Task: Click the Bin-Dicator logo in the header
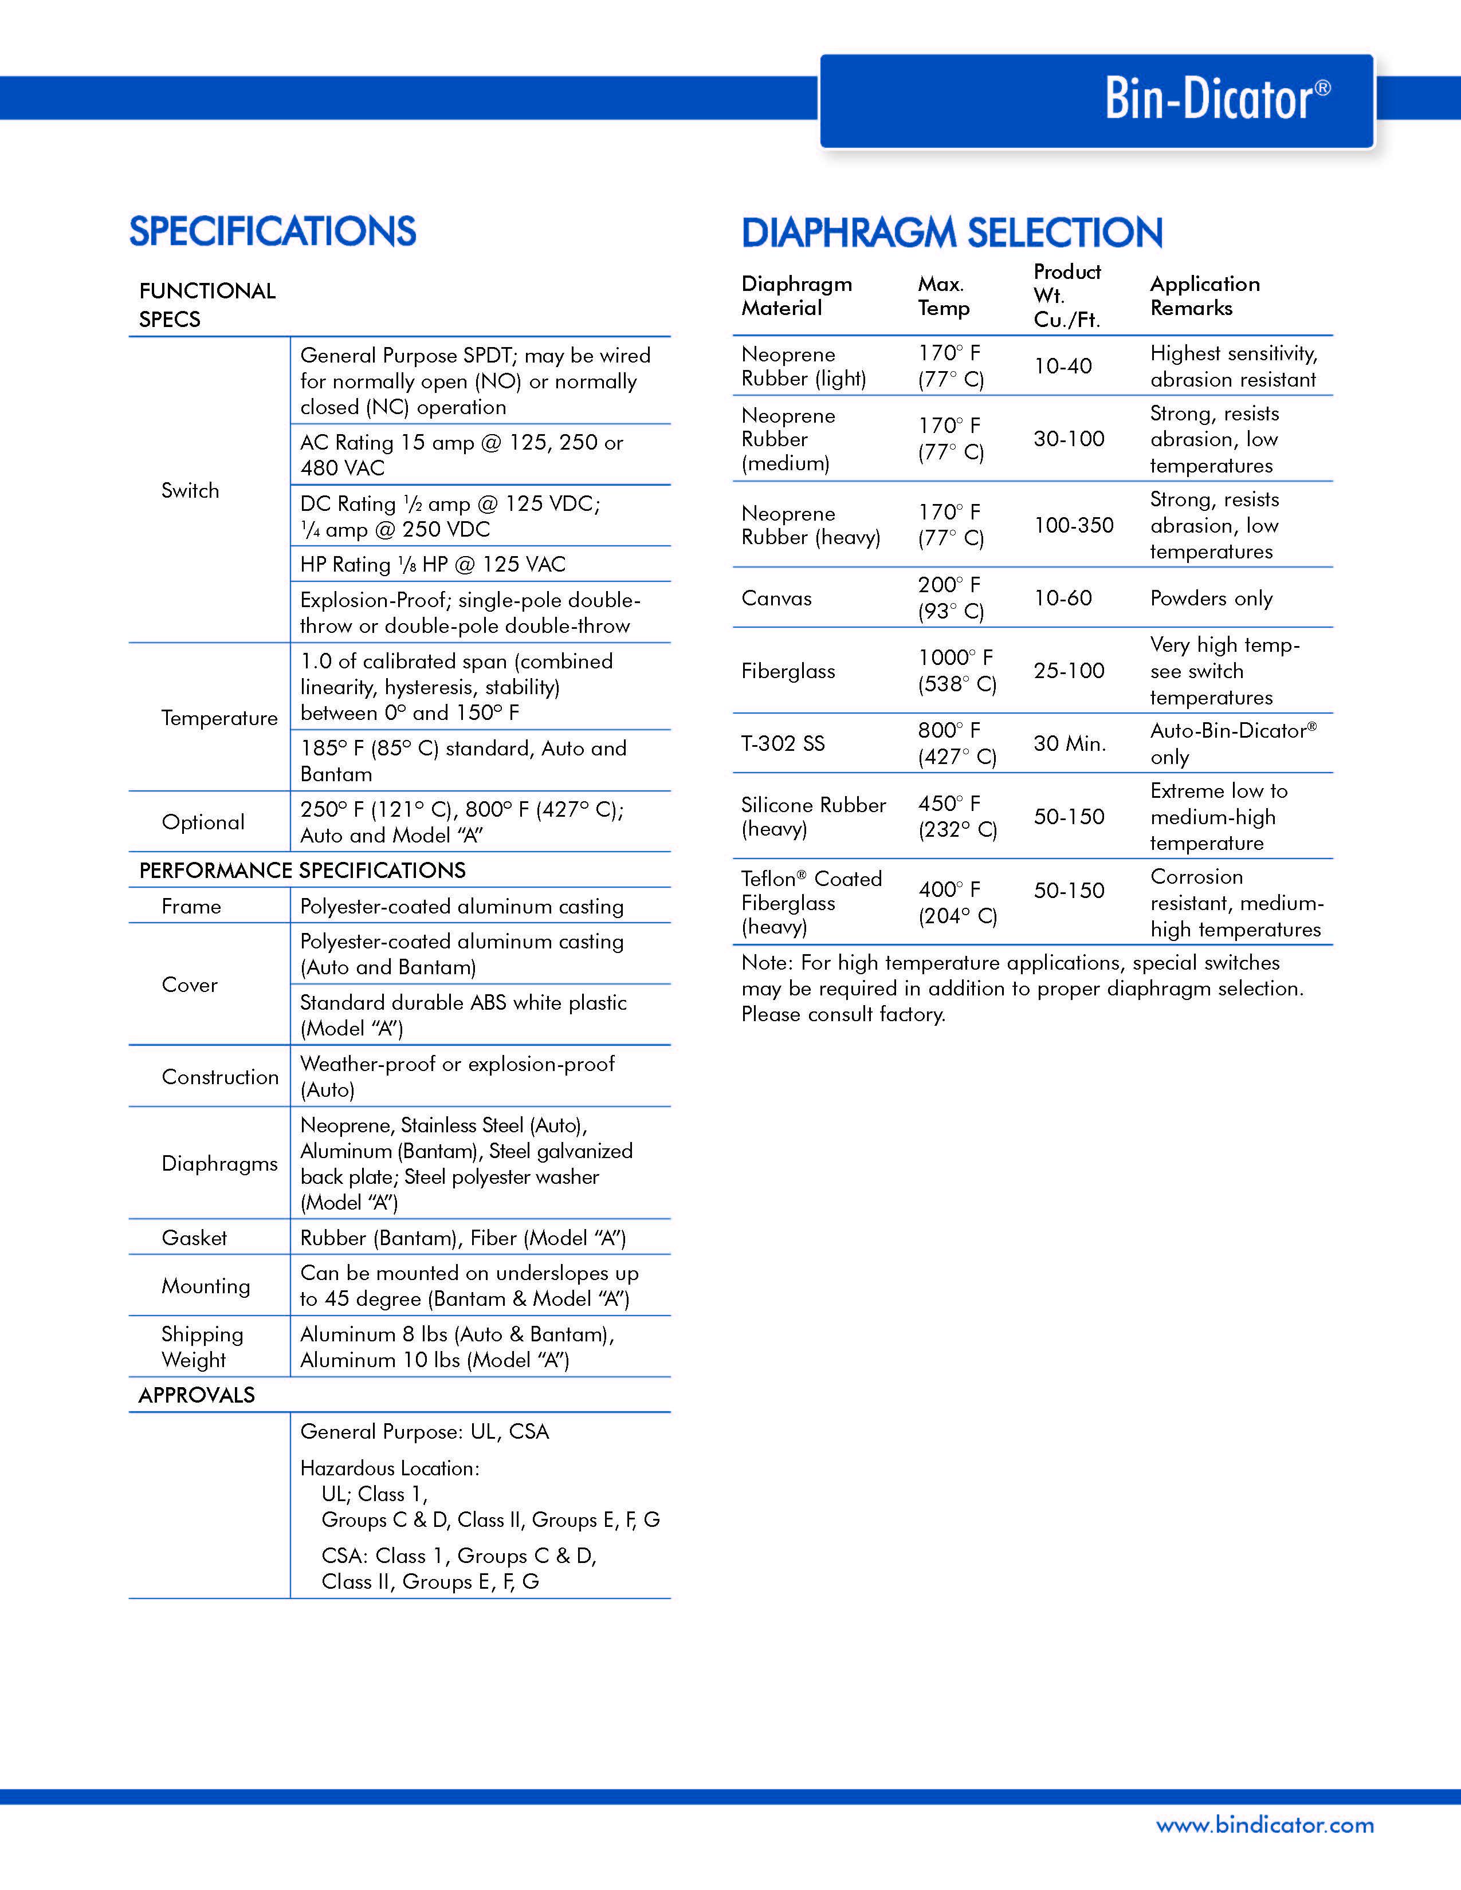pos(1216,100)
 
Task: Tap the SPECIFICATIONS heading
pos(273,232)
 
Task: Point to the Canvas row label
pos(776,598)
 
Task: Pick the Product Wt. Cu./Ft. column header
pos(1067,296)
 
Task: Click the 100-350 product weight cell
pos(1073,525)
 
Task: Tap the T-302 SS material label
pos(783,743)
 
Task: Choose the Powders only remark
pos(1211,598)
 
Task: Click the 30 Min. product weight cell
pos(1070,743)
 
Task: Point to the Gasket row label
pos(194,1238)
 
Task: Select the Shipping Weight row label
pos(202,1346)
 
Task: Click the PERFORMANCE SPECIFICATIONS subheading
pos(302,871)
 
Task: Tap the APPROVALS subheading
pos(197,1395)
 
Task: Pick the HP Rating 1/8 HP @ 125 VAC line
pos(433,564)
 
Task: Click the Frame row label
pos(191,906)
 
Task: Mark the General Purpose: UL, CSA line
pos(424,1431)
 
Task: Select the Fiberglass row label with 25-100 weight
pos(788,671)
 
